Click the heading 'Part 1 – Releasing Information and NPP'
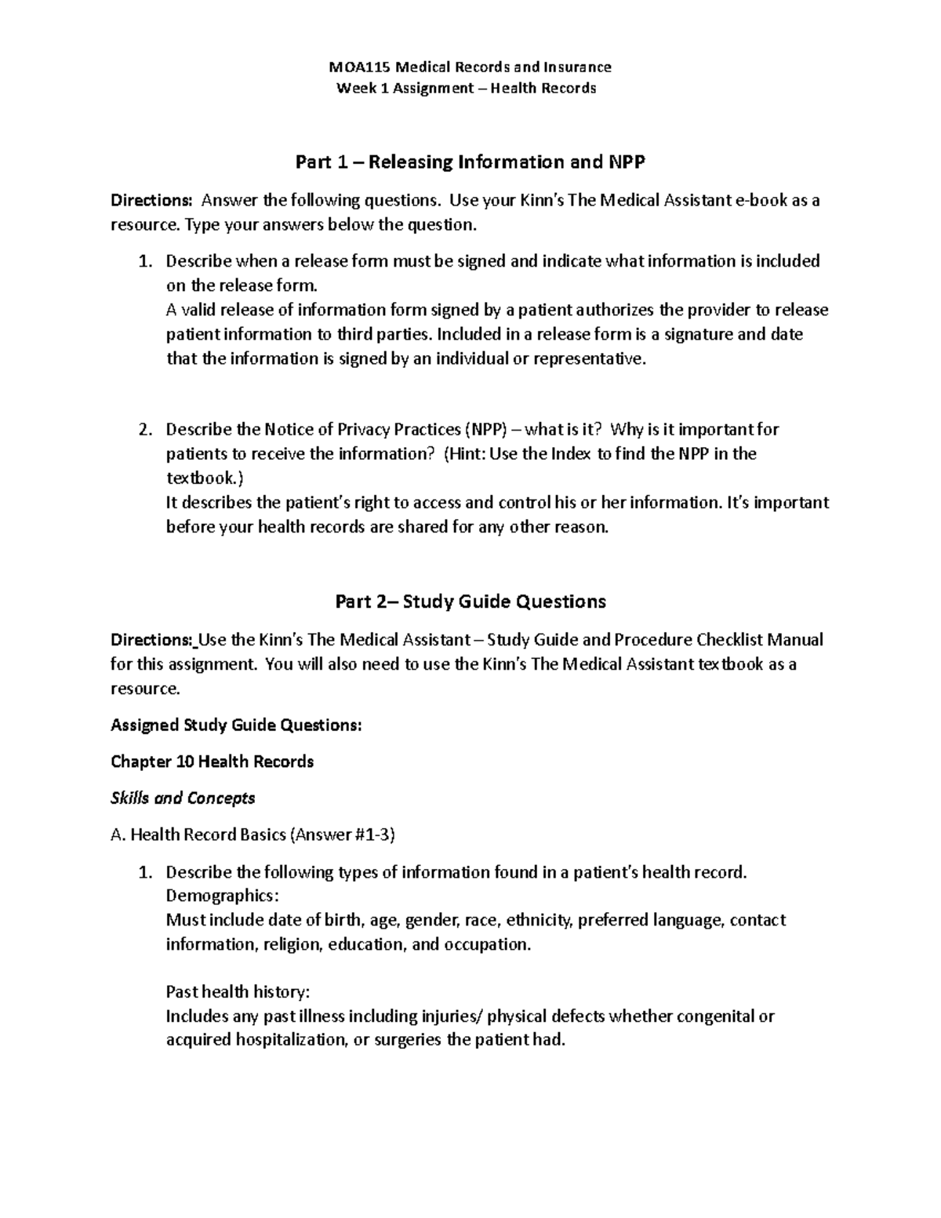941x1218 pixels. click(x=470, y=162)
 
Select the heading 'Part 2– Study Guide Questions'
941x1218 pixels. click(x=470, y=602)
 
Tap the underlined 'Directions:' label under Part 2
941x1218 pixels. click(x=152, y=640)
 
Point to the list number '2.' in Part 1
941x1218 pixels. click(x=144, y=430)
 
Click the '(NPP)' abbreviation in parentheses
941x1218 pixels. click(x=485, y=430)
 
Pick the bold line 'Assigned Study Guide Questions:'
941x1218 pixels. click(x=236, y=725)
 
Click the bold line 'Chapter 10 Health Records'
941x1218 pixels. click(x=212, y=762)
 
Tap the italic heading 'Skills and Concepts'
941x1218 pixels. click(x=183, y=798)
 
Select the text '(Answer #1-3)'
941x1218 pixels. click(x=343, y=835)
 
